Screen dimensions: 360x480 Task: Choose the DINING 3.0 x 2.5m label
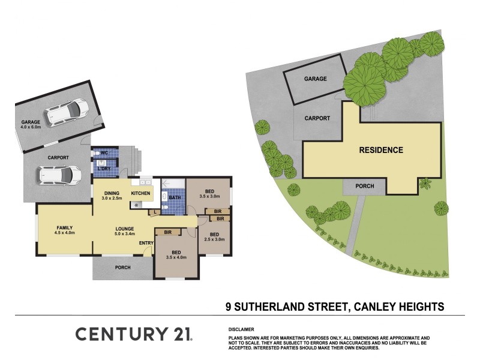(112, 195)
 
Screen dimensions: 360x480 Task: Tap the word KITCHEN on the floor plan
(141, 193)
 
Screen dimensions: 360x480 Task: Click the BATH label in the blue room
(175, 197)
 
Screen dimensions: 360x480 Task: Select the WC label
(104, 153)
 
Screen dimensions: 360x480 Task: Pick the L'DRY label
(104, 169)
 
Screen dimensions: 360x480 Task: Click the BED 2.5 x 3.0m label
(215, 236)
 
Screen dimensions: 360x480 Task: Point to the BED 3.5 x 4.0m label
(176, 254)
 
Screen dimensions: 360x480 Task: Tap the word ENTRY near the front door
(146, 242)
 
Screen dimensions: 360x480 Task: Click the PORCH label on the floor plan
(122, 268)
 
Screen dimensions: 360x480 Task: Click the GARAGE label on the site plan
(315, 79)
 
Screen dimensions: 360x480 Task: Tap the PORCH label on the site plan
(364, 187)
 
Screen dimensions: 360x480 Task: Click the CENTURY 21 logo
(134, 335)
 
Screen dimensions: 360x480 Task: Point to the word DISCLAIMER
(241, 329)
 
